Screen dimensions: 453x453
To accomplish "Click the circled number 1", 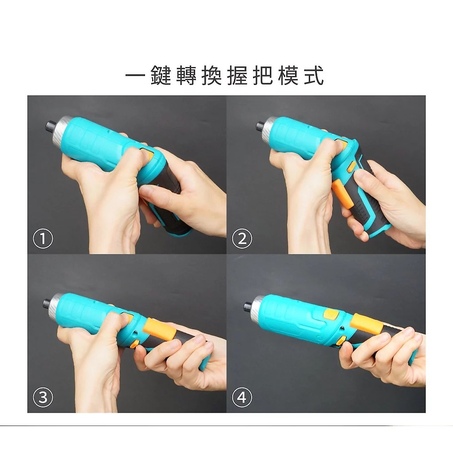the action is pyautogui.click(x=43, y=238).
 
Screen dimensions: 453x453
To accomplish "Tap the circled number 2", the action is pyautogui.click(x=242, y=238).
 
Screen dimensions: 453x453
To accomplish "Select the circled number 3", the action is pyautogui.click(x=43, y=397).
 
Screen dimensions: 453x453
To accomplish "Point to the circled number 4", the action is pyautogui.click(x=242, y=397).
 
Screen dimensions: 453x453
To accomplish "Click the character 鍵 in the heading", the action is pyautogui.click(x=161, y=76).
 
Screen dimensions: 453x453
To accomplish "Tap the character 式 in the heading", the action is pyautogui.click(x=314, y=76).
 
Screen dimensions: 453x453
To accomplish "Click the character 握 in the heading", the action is pyautogui.click(x=237, y=76).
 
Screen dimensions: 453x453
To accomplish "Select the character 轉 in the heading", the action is pyautogui.click(x=186, y=76).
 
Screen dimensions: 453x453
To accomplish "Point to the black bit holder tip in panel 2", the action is pyautogui.click(x=261, y=127).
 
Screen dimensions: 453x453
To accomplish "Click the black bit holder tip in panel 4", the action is pyautogui.click(x=248, y=306).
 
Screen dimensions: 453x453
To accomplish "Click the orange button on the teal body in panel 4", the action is pyautogui.click(x=331, y=314).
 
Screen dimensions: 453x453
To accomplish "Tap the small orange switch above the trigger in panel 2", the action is pyautogui.click(x=352, y=167).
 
